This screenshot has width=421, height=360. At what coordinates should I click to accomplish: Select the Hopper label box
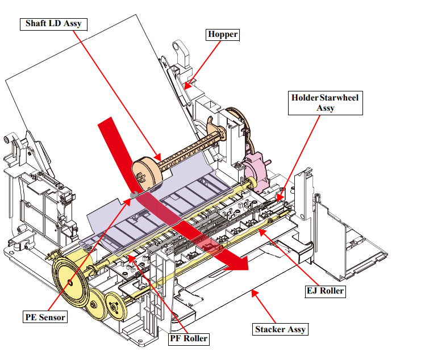coord(222,35)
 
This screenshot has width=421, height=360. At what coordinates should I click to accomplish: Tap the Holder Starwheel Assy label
coord(325,102)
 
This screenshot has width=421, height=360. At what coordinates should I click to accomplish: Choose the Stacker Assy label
coord(280,329)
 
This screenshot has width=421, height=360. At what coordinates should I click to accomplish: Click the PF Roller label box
coord(189,339)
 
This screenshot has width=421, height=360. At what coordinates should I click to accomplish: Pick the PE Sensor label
coord(45,316)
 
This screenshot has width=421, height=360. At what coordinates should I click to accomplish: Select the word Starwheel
coord(339,97)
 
